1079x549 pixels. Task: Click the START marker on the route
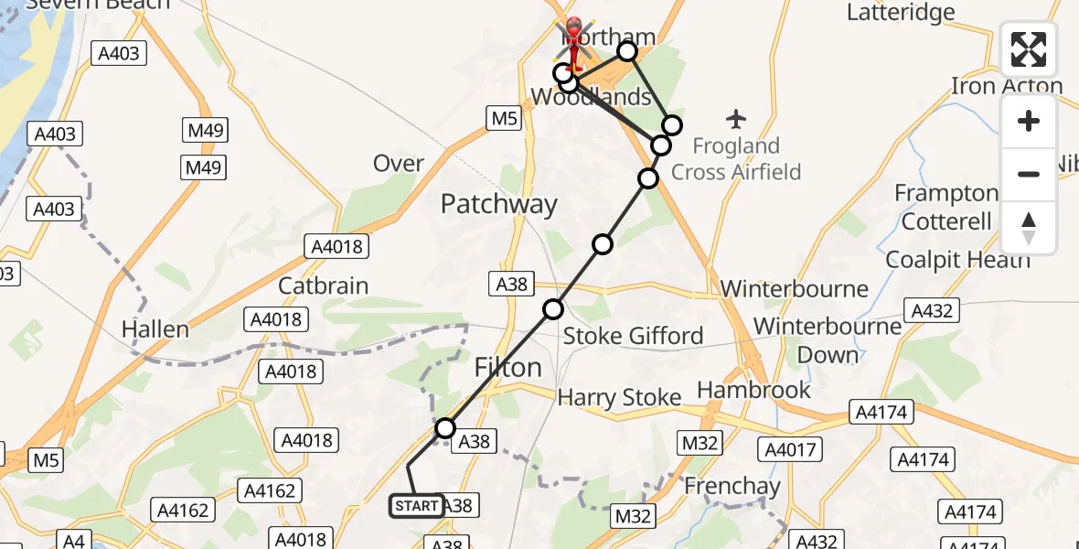pyautogui.click(x=417, y=506)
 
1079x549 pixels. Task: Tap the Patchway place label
pyautogui.click(x=498, y=204)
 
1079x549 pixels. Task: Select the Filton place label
pyautogui.click(x=507, y=368)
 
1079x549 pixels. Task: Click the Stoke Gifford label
pyautogui.click(x=633, y=336)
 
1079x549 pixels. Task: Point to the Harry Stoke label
pyautogui.click(x=619, y=397)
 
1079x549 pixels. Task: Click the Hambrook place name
pyautogui.click(x=753, y=390)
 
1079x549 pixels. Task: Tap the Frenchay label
pyautogui.click(x=732, y=486)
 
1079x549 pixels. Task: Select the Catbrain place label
pyautogui.click(x=323, y=285)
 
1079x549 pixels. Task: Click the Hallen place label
pyautogui.click(x=156, y=329)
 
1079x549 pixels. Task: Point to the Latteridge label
pyautogui.click(x=900, y=13)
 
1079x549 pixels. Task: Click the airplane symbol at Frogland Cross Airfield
pyautogui.click(x=736, y=119)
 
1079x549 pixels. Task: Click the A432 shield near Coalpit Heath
pyautogui.click(x=932, y=310)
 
